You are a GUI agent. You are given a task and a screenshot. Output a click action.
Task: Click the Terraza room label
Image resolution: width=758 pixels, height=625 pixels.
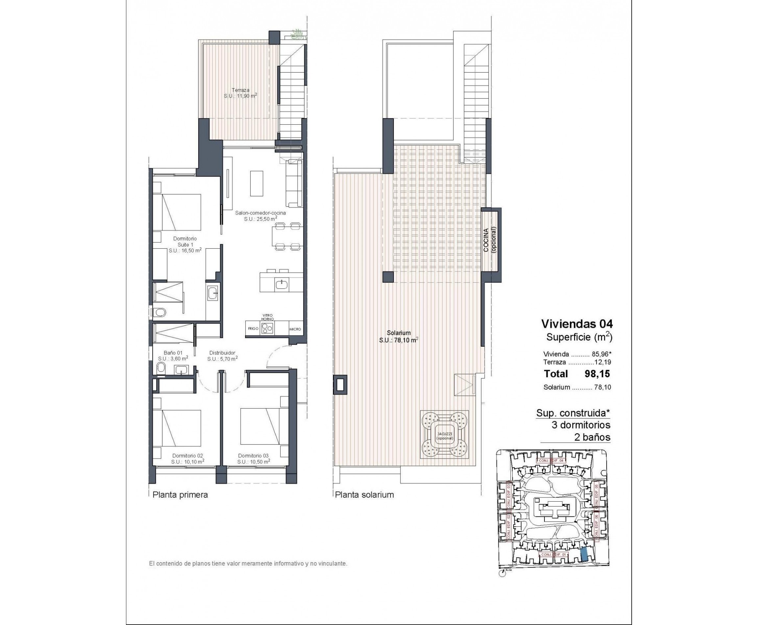(240, 93)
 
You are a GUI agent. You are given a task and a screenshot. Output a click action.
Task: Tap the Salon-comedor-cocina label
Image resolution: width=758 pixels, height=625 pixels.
(260, 215)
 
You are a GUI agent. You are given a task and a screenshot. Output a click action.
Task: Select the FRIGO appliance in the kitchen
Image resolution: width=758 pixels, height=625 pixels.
(253, 329)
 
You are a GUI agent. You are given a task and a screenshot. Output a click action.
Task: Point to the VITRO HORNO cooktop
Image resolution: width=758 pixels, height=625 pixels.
(267, 328)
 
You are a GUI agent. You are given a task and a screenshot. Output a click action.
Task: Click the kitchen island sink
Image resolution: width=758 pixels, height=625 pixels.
(281, 285)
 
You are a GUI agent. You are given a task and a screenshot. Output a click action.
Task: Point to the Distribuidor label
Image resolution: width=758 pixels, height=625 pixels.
(222, 356)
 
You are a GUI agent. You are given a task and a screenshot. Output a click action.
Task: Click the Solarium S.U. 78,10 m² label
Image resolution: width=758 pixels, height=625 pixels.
(399, 336)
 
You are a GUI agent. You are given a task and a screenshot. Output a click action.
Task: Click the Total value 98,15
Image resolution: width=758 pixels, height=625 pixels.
(597, 374)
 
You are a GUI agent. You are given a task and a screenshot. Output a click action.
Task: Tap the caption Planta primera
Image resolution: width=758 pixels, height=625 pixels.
(180, 495)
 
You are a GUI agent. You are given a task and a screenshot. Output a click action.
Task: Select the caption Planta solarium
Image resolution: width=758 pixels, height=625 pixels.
(365, 495)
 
